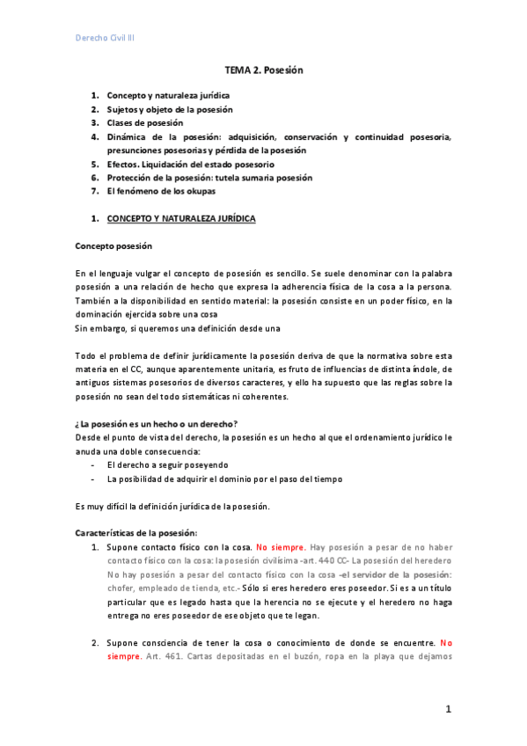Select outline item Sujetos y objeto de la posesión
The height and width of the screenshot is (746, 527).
(170, 109)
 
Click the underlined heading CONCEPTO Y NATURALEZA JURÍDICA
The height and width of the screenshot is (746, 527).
(181, 218)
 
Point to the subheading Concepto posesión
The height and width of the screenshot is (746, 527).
(113, 245)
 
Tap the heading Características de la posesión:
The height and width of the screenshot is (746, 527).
(136, 532)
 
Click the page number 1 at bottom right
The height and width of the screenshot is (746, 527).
(448, 708)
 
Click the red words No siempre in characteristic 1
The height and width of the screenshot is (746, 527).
(280, 547)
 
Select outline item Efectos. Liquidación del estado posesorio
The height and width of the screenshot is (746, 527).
(190, 164)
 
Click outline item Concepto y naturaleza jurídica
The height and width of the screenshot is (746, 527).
(169, 95)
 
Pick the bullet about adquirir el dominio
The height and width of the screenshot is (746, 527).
(224, 479)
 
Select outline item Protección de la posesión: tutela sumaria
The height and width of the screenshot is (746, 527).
(209, 178)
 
